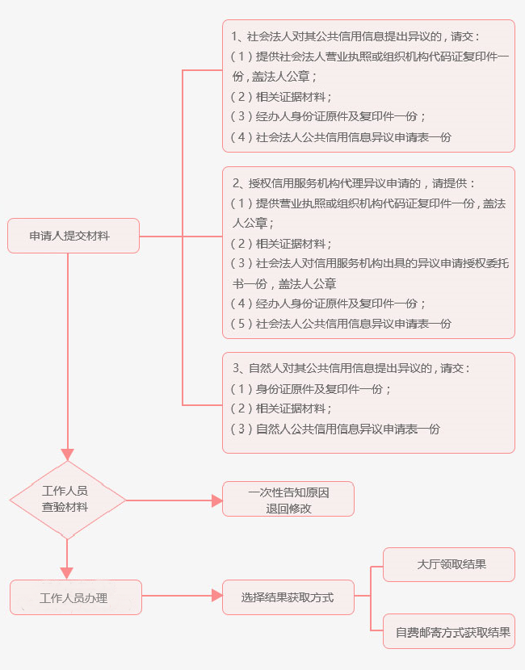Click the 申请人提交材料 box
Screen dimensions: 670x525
73,236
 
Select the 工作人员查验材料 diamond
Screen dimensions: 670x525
67,500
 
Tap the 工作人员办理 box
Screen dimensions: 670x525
76,598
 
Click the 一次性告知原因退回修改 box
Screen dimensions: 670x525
288,500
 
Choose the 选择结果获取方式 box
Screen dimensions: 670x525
288,598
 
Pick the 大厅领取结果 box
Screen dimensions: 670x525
448,564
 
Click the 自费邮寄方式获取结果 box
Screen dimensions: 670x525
448,632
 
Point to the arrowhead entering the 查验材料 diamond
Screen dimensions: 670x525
67,454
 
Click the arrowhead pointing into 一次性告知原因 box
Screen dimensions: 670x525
216,500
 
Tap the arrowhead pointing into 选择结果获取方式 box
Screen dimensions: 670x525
216,596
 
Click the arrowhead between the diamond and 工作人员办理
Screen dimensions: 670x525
67,572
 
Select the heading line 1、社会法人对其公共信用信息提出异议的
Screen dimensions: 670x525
356,36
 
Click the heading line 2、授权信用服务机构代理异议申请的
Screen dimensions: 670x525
355,183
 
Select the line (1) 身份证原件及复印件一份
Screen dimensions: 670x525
311,388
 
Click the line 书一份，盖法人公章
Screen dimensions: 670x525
284,283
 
